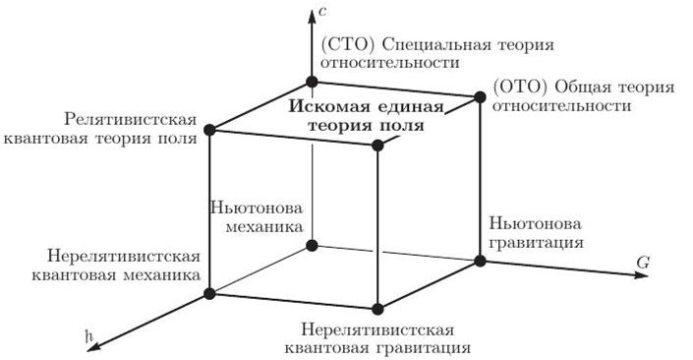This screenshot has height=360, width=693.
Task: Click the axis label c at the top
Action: point(323,12)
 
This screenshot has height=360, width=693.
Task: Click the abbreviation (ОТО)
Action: point(514,88)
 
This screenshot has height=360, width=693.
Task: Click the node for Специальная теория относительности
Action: point(311,82)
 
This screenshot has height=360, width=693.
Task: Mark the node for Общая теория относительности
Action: point(481,96)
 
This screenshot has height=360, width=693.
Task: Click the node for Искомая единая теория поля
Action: point(378,146)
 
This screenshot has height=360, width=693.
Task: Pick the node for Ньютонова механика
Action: point(311,245)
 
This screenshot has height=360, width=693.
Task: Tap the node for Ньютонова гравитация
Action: point(481,261)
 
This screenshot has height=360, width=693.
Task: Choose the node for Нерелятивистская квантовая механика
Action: point(208,293)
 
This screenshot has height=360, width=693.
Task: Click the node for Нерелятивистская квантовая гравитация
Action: point(378,309)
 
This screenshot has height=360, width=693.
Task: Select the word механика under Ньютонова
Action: point(251,228)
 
